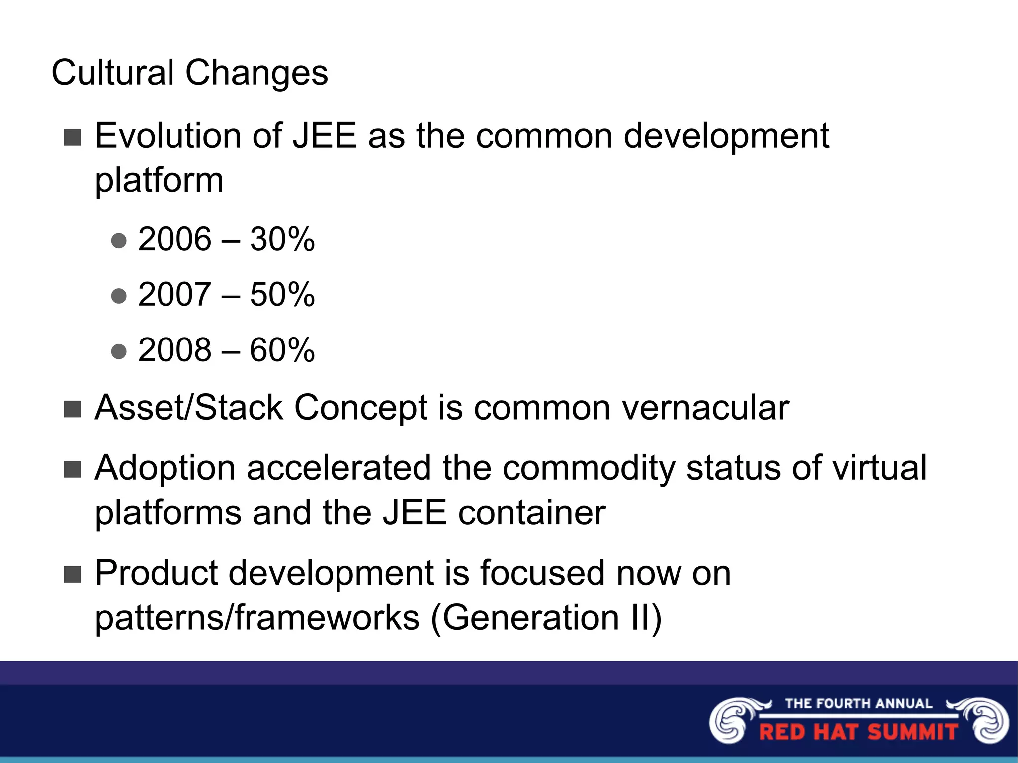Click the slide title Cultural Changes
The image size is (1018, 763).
[189, 73]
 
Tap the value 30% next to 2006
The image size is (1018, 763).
[282, 239]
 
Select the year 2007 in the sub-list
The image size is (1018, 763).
[174, 294]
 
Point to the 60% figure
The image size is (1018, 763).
[282, 350]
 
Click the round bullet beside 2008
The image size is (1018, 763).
[119, 351]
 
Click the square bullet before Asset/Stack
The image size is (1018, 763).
[73, 409]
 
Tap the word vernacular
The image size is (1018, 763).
[705, 408]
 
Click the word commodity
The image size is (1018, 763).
[589, 468]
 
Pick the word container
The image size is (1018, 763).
[531, 512]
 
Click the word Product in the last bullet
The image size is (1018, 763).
[156, 573]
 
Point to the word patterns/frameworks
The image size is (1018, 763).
[257, 618]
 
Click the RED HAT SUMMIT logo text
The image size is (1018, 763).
[858, 732]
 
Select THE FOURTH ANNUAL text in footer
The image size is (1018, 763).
[858, 703]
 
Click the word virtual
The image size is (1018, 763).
[879, 468]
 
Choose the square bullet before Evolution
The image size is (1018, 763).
[73, 137]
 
